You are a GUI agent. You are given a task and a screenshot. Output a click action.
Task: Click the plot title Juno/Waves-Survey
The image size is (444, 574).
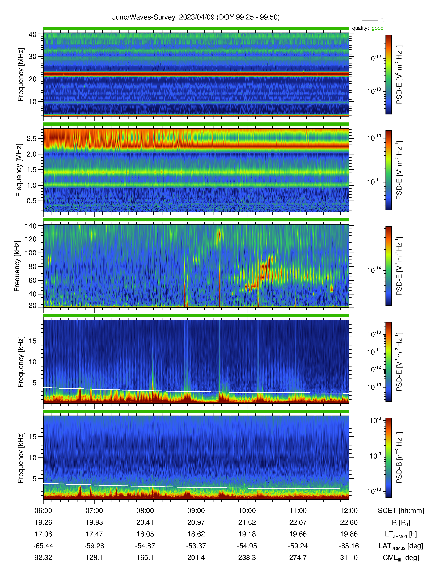click(x=144, y=17)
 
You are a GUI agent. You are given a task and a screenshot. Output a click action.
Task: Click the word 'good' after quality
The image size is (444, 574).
click(x=377, y=28)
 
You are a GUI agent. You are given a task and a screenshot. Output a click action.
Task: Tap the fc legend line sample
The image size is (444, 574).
click(x=370, y=21)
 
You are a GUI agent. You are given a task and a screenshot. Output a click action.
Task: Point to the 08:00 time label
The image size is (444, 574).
click(x=145, y=511)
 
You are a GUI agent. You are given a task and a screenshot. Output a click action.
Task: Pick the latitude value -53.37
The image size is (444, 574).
click(x=196, y=546)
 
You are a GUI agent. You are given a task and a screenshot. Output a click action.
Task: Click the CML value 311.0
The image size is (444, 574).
click(x=349, y=557)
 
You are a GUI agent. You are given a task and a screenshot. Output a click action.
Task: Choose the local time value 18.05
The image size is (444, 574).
click(x=145, y=534)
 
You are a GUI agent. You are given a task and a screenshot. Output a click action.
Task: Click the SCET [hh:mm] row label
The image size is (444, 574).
click(x=401, y=511)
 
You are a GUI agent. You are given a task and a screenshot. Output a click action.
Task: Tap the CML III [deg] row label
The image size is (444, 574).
click(x=401, y=558)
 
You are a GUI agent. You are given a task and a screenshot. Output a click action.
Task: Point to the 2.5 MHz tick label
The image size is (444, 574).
click(x=32, y=138)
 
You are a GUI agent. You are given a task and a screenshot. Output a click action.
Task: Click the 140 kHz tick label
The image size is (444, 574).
click(x=30, y=226)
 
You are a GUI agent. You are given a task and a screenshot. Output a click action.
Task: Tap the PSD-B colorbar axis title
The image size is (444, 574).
click(x=399, y=458)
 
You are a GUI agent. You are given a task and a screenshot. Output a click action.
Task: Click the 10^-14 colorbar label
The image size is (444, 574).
click(x=374, y=270)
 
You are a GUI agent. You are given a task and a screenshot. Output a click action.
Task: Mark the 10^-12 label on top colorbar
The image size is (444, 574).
click(x=374, y=58)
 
